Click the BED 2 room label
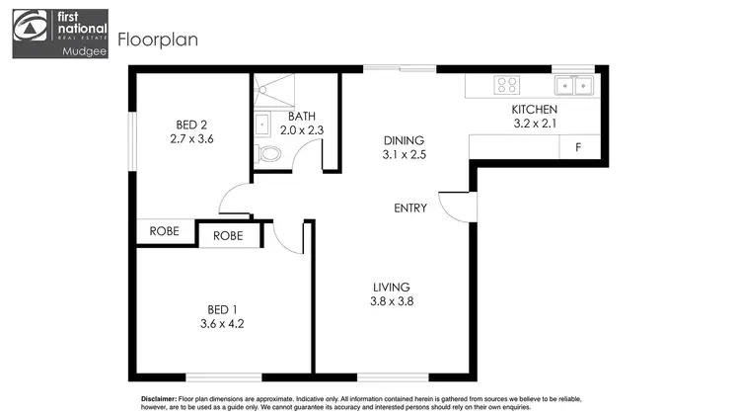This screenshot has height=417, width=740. point(191,125)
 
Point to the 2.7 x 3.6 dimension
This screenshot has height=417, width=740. point(191,139)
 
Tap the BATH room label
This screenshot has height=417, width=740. point(302,116)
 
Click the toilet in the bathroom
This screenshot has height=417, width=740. point(267,153)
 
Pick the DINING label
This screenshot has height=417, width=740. point(404,140)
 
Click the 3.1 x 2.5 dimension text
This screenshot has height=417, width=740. point(404,155)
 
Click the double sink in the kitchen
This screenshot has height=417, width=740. point(571,85)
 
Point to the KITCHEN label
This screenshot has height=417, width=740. point(534,110)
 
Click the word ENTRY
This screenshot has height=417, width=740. point(410,208)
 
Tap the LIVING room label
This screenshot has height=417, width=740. point(391,287)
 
